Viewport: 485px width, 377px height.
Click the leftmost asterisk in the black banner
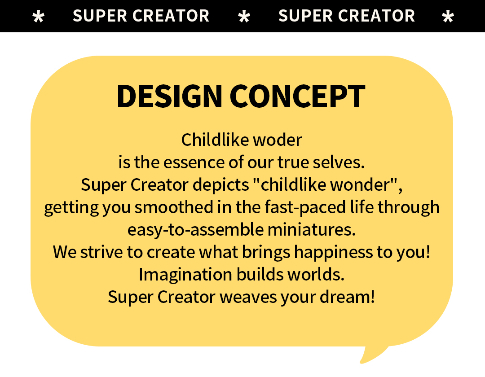[x=38, y=16]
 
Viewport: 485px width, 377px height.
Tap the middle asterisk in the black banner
[x=244, y=16]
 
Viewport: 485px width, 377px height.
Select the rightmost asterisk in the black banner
[x=448, y=16]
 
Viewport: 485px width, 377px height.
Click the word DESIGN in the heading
[x=169, y=96]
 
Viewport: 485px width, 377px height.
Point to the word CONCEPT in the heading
[x=297, y=96]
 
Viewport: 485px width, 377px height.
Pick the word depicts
[x=221, y=185]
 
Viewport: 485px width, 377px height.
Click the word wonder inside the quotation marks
[x=360, y=185]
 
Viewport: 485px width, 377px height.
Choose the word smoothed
[x=174, y=207]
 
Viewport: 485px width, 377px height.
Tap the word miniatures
[x=312, y=230]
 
